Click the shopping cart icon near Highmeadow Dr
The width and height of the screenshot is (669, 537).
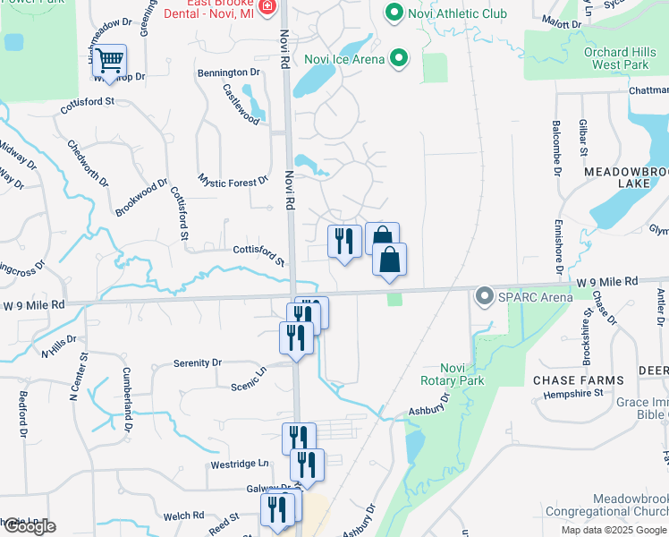pyautogui.click(x=109, y=62)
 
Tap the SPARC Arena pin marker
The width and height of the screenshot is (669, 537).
pyautogui.click(x=485, y=295)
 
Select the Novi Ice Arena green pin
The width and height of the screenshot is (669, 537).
pyautogui.click(x=400, y=60)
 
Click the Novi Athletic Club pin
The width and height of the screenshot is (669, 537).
pyautogui.click(x=392, y=13)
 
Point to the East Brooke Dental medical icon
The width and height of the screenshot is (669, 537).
pyautogui.click(x=266, y=8)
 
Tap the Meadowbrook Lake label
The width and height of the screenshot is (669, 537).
pyautogui.click(x=626, y=176)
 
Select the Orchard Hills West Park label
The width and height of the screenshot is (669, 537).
pyautogui.click(x=614, y=58)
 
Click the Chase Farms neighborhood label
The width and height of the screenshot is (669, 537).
pyautogui.click(x=579, y=380)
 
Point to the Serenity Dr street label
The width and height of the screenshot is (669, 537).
pyautogui.click(x=197, y=362)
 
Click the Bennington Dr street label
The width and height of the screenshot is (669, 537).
pyautogui.click(x=228, y=72)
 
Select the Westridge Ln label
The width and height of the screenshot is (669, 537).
pyautogui.click(x=240, y=464)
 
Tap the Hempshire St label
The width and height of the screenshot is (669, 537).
pyautogui.click(x=572, y=393)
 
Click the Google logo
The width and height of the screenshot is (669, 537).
pyautogui.click(x=29, y=526)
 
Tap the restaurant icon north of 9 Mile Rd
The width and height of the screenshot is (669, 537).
pyautogui.click(x=343, y=240)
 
